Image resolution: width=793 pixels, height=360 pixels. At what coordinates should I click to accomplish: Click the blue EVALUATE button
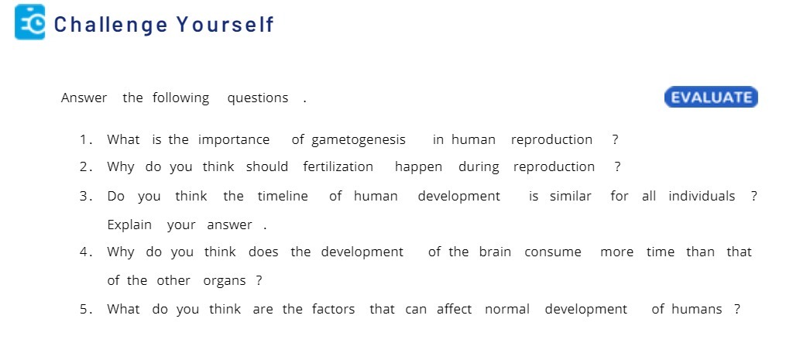click(711, 98)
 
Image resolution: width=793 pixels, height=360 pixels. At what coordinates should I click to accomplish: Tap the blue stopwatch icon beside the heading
click(30, 22)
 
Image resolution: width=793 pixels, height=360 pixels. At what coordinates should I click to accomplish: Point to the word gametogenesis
click(359, 140)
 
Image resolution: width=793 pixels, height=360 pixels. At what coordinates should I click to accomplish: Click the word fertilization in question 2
click(338, 167)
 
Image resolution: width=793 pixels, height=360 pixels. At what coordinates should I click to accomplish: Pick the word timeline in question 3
click(276, 197)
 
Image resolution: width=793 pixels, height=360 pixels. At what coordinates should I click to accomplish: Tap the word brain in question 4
click(495, 252)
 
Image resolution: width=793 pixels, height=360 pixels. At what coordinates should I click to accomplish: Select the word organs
click(225, 281)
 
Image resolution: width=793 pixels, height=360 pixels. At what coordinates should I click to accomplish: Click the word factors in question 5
click(333, 310)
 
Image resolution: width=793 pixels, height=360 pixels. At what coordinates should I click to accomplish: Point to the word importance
click(234, 140)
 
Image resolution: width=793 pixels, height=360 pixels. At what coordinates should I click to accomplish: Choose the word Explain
click(129, 225)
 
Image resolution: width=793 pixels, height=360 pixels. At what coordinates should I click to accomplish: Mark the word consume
click(552, 252)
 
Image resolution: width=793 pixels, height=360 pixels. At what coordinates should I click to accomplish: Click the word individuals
click(702, 197)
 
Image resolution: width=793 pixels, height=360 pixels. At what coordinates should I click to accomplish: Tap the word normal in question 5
click(507, 310)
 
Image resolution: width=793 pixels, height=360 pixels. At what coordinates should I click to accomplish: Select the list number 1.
click(84, 140)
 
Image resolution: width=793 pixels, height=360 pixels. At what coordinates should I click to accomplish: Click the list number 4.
click(84, 252)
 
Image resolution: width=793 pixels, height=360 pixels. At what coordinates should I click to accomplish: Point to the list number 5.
click(84, 310)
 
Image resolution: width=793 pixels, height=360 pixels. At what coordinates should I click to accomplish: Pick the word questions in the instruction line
click(257, 98)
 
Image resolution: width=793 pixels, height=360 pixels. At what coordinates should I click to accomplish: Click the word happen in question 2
click(418, 167)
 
